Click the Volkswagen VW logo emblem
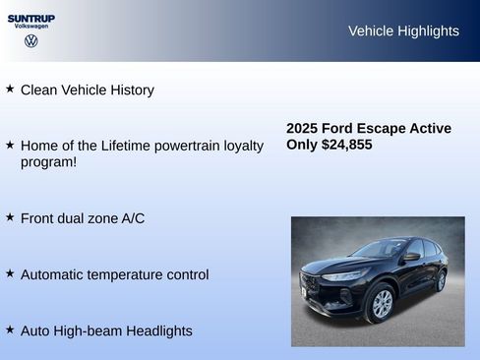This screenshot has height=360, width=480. click(31, 41)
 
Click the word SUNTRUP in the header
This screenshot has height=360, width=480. click(31, 18)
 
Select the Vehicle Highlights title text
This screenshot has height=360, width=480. click(403, 31)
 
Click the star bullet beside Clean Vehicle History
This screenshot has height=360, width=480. click(10, 89)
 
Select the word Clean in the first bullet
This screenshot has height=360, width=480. click(39, 90)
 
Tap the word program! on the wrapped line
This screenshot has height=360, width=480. click(48, 162)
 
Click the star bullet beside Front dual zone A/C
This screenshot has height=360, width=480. click(10, 216)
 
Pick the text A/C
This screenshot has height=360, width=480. click(132, 218)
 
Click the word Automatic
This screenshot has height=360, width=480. click(54, 275)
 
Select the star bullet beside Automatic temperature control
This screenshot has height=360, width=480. click(10, 273)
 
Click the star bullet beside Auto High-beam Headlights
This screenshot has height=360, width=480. click(10, 330)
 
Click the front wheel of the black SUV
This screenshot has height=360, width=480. click(381, 303)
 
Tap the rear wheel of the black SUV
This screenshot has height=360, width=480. click(440, 280)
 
